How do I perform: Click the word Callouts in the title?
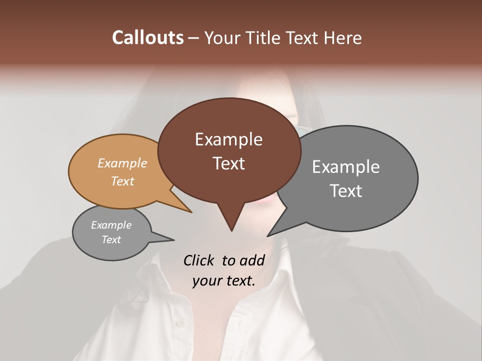[x=148, y=38]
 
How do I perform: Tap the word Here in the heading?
[x=342, y=38]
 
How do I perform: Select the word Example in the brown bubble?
[x=228, y=139]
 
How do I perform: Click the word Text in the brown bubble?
[x=228, y=163]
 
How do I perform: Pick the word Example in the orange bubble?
[x=123, y=163]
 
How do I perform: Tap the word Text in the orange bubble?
[x=123, y=181]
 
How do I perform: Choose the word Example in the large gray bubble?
[x=346, y=167]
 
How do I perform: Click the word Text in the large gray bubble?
[x=346, y=191]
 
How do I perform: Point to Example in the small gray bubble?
[x=111, y=225]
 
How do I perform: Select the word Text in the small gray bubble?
[x=111, y=240]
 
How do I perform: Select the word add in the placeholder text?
[x=252, y=260]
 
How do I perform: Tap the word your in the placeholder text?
[x=206, y=281]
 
